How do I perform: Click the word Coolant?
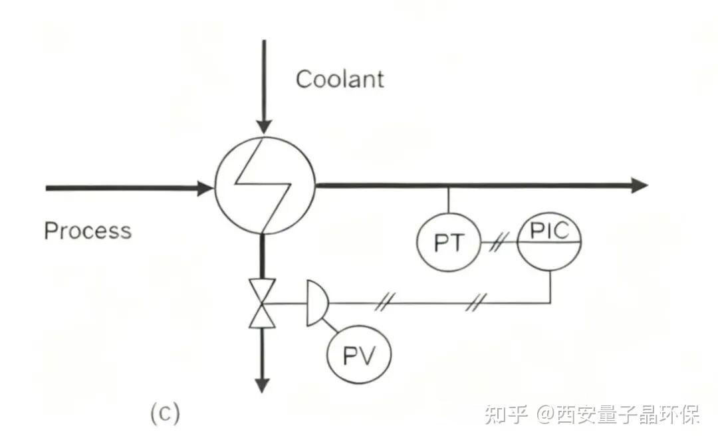[x=340, y=79]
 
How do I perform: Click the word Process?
[x=87, y=231]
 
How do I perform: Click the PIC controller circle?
[x=550, y=241]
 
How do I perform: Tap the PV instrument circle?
[x=359, y=356]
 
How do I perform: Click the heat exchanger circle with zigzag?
[x=264, y=184]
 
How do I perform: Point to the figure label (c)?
[x=164, y=413]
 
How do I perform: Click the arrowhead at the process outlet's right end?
[x=639, y=185]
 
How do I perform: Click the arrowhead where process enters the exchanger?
[x=205, y=188]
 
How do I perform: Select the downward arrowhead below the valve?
[x=263, y=384]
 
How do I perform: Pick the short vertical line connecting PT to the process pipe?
[x=448, y=201]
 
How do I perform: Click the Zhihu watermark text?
[x=592, y=416]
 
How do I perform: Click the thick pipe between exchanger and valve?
[x=263, y=257]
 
